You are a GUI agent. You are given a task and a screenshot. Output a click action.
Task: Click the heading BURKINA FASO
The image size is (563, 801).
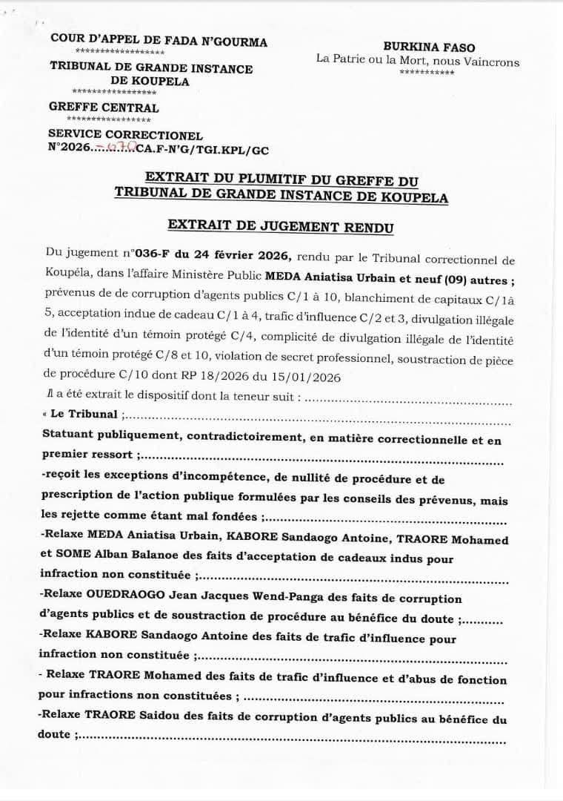click(429, 47)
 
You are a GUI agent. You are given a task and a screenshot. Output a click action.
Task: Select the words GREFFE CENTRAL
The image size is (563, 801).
click(104, 108)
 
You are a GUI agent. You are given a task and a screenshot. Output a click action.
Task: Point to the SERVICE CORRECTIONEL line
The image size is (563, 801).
click(125, 135)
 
